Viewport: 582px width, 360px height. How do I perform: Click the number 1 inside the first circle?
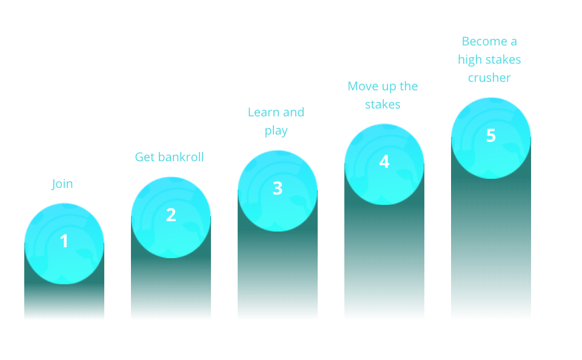64,241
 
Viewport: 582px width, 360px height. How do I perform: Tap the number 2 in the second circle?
171,215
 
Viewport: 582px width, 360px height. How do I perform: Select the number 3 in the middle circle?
278,188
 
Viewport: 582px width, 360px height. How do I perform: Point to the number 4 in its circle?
384,162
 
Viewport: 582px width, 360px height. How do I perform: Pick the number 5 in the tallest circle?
491,136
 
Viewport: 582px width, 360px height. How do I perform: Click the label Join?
62,184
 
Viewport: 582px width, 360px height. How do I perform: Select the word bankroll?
181,157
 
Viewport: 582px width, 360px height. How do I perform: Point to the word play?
276,131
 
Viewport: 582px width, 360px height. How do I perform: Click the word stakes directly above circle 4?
383,104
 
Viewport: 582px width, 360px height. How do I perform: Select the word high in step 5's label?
469,60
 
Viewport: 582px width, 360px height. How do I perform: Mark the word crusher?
489,78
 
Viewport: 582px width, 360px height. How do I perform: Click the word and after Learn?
293,112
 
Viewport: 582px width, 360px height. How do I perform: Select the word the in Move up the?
409,86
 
